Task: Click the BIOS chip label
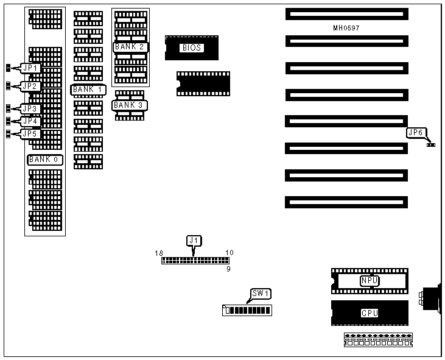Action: pos(191,48)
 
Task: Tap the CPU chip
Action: pos(370,313)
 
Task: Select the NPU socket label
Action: pos(370,281)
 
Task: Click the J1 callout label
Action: pos(194,240)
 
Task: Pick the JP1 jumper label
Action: pos(30,68)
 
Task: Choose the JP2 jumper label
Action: pos(30,86)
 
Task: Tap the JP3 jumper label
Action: pos(30,109)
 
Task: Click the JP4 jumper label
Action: pos(30,121)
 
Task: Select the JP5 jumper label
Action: pos(30,133)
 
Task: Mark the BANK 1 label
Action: pos(88,90)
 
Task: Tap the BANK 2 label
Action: pos(130,46)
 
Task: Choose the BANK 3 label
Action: pos(130,105)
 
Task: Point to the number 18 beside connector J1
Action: pos(159,252)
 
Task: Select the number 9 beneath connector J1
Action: pos(228,268)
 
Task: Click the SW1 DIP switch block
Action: pos(247,310)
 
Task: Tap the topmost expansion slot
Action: pos(345,13)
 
